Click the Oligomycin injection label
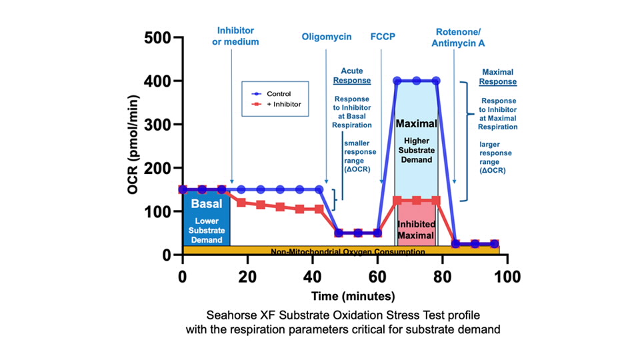[326, 37]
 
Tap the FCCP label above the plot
[383, 37]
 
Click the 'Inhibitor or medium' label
[235, 37]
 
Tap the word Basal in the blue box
[206, 204]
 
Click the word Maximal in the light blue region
[416, 124]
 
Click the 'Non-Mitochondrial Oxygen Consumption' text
[347, 252]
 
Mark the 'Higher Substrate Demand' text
[416, 150]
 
